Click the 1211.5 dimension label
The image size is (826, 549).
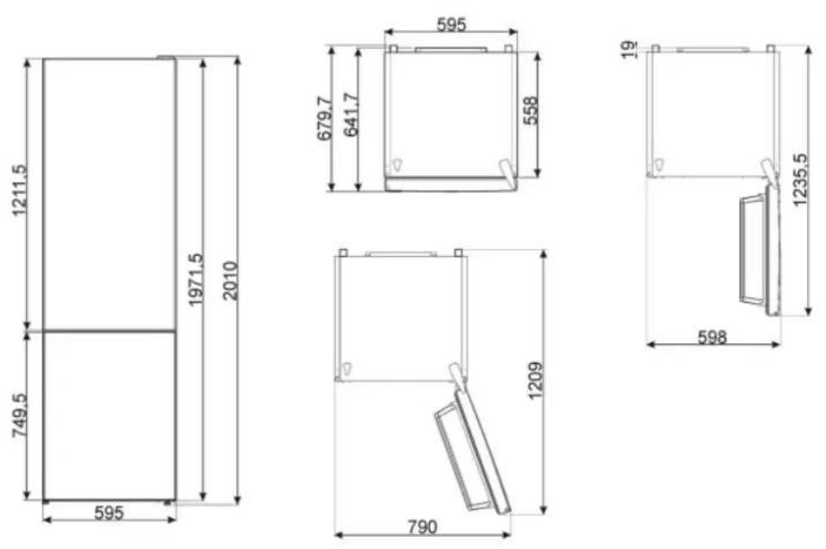pyautogui.click(x=19, y=190)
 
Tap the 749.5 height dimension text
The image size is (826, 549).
pyautogui.click(x=20, y=415)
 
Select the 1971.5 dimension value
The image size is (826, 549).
pyautogui.click(x=196, y=280)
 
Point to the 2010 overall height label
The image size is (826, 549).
pyautogui.click(x=230, y=281)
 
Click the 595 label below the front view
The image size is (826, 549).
pyautogui.click(x=109, y=513)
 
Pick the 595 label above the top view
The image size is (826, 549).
pyautogui.click(x=451, y=24)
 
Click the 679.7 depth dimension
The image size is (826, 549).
pyautogui.click(x=325, y=119)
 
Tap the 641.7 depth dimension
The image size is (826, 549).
pyautogui.click(x=351, y=115)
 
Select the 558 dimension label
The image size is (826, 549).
pyautogui.click(x=531, y=110)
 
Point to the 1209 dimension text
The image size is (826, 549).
pyautogui.click(x=535, y=381)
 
